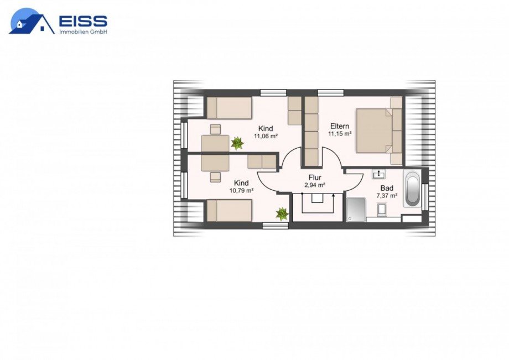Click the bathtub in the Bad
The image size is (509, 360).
[x=412, y=189]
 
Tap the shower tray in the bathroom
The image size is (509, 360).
[x=356, y=210]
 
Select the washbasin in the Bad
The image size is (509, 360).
[x=378, y=174]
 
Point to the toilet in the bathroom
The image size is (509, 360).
[x=382, y=209]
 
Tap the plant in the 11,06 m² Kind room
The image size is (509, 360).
[x=237, y=143]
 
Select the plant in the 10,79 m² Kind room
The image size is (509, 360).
[x=282, y=214]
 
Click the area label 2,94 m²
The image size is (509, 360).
[x=315, y=185]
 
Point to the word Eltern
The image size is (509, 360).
[x=340, y=126]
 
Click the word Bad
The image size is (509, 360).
[x=387, y=188]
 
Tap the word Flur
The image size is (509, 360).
[x=315, y=178]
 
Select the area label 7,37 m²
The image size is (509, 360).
[x=387, y=196]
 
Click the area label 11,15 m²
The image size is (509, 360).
[x=340, y=134]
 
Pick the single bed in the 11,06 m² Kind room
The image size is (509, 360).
[x=230, y=108]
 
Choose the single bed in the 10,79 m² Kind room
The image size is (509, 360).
[x=230, y=211]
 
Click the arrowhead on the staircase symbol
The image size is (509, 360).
[x=334, y=195]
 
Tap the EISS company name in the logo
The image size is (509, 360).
[x=83, y=21]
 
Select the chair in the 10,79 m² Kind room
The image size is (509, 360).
[x=215, y=177]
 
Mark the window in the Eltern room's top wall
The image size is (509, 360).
[x=330, y=93]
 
